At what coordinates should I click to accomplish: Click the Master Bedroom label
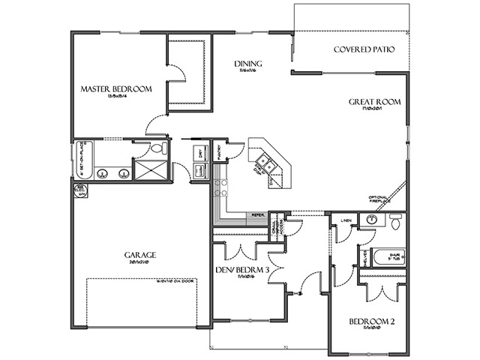coord(116,88)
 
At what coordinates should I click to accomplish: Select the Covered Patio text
coord(363,50)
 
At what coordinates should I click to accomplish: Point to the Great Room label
coord(375,101)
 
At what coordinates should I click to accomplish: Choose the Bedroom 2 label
coord(371,322)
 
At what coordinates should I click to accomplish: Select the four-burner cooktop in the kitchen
coord(220,188)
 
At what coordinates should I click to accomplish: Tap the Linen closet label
coord(346,220)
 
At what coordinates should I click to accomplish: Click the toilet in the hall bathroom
coord(394,220)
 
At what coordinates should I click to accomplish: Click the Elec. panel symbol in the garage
coord(82,190)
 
